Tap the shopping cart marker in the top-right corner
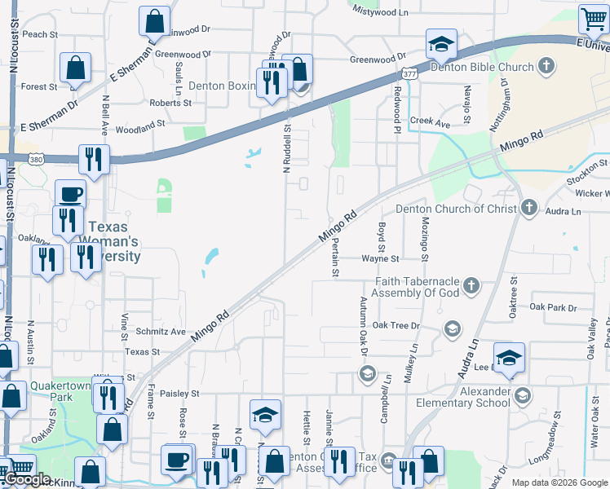pyautogui.click(x=594, y=19)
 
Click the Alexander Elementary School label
pyautogui.click(x=462, y=396)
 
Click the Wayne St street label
pyautogui.click(x=380, y=258)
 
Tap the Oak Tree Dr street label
pyautogui.click(x=396, y=325)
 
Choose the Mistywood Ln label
pyautogui.click(x=378, y=12)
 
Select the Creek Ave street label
pyautogui.click(x=430, y=122)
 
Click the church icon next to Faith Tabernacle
pyautogui.click(x=471, y=285)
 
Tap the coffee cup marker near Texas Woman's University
pyautogui.click(x=70, y=195)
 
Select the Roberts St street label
pyautogui.click(x=170, y=104)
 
